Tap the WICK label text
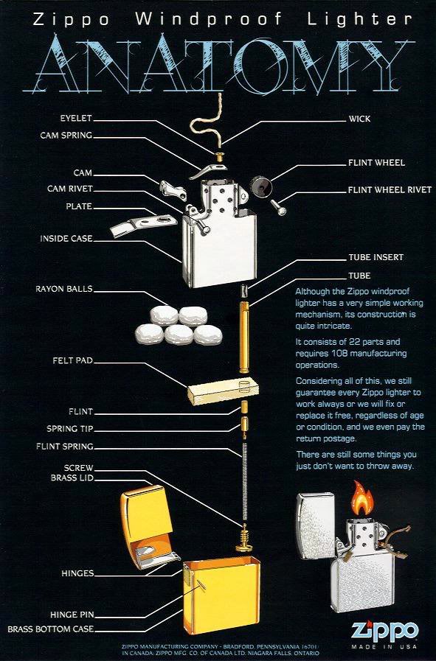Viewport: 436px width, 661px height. (360, 118)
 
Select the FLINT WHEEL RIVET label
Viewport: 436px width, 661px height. (390, 189)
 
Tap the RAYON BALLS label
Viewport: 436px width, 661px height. (64, 288)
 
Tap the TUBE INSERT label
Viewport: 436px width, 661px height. (376, 257)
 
